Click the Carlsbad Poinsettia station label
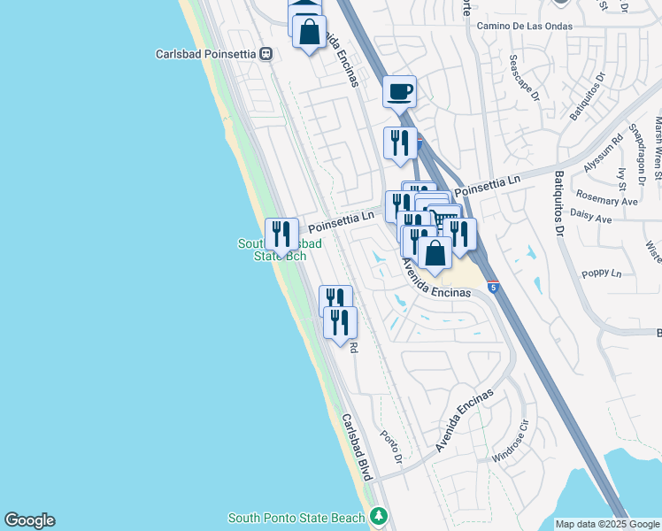tap(206, 53)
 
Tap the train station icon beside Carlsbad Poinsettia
tap(266, 54)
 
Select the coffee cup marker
tap(399, 91)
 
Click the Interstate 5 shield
tap(494, 287)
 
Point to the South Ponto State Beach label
tap(296, 518)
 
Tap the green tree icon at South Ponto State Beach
tap(380, 515)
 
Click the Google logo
tap(29, 520)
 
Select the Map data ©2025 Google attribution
tap(608, 524)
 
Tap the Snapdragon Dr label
tap(635, 142)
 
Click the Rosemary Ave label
tap(606, 201)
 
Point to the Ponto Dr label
tap(391, 450)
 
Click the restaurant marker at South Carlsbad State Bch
tap(281, 235)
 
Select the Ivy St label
tap(621, 179)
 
